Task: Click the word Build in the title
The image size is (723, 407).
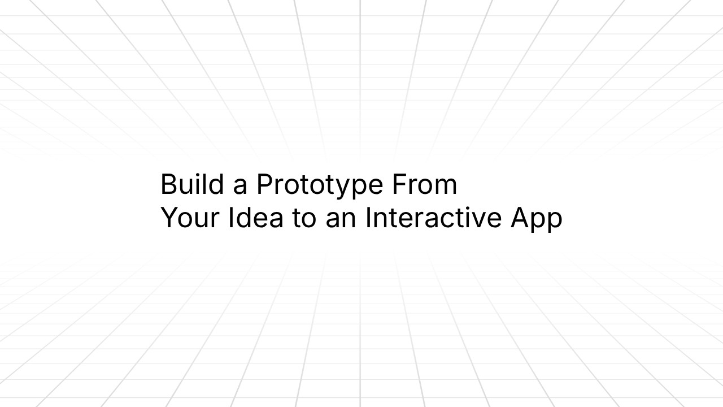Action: pyautogui.click(x=193, y=184)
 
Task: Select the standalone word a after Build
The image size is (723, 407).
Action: pyautogui.click(x=240, y=187)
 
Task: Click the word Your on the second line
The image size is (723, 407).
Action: pyautogui.click(x=190, y=218)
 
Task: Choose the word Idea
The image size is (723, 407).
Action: pyautogui.click(x=255, y=218)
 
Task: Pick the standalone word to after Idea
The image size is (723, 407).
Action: pyautogui.click(x=304, y=219)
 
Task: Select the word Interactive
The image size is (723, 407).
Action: pyautogui.click(x=434, y=218)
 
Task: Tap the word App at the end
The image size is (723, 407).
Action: pyautogui.click(x=536, y=219)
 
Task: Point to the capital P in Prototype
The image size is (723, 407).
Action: pyautogui.click(x=264, y=184)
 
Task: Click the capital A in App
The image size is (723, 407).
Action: pyautogui.click(x=520, y=218)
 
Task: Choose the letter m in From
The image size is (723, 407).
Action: pyautogui.click(x=446, y=187)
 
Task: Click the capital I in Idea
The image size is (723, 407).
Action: pyautogui.click(x=231, y=218)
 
